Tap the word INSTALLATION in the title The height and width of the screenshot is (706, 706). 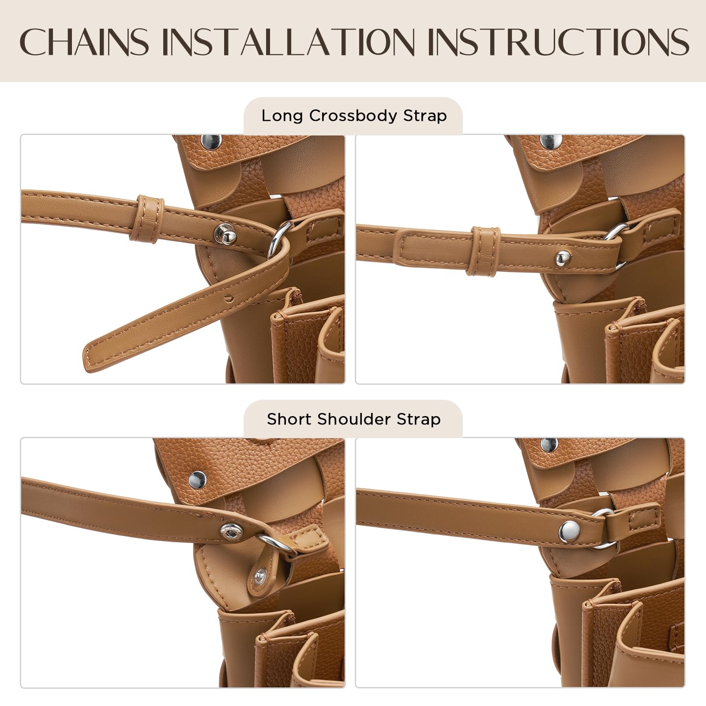tap(289, 41)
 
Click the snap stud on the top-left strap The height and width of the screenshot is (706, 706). tap(225, 234)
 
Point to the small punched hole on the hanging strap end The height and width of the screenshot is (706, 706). tap(228, 299)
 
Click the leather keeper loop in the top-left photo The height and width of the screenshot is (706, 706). tap(148, 219)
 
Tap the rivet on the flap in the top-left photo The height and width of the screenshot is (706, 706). tap(211, 142)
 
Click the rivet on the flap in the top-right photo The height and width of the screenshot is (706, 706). tap(551, 141)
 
